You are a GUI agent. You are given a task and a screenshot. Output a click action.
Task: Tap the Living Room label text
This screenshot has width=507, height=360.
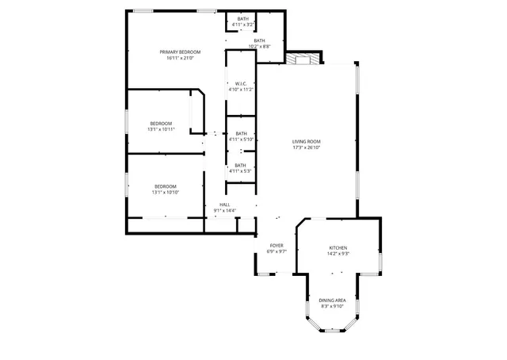tap(306, 141)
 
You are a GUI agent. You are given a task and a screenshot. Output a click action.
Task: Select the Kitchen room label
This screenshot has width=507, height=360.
tap(338, 248)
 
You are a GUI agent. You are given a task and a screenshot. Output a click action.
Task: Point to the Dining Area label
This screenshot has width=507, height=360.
tap(332, 300)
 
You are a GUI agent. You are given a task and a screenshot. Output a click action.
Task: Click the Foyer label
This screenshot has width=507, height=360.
tap(276, 246)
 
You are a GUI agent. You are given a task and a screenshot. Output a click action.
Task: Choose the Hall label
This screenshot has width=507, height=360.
tap(224, 205)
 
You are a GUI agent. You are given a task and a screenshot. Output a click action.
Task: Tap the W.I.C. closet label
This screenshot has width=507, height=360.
tap(240, 84)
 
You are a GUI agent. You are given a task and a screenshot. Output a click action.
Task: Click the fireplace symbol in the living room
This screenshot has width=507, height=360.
tap(302, 58)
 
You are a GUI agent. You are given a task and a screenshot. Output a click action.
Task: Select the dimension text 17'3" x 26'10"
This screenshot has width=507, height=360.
tap(306, 147)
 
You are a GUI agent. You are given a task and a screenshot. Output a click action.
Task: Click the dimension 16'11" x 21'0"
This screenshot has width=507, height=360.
tap(183, 58)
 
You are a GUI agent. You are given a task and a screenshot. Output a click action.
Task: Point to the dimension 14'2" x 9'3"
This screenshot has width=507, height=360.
tap(338, 254)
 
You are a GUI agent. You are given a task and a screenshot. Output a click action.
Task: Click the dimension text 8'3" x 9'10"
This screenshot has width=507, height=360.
tap(332, 305)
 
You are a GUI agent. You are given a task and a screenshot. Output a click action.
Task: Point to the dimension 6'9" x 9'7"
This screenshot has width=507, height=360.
tap(276, 251)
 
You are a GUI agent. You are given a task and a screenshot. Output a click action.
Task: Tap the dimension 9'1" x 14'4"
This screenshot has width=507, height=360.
tap(224, 210)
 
